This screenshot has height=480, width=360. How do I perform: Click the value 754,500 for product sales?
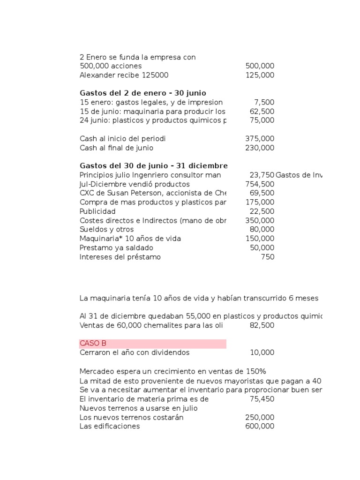[x=260, y=184]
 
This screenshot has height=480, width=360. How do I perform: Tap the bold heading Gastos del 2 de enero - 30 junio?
[x=143, y=93]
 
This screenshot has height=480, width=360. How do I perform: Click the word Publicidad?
[x=97, y=211]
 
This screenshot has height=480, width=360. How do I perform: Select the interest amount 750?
[x=268, y=257]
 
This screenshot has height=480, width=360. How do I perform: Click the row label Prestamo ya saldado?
[x=116, y=247]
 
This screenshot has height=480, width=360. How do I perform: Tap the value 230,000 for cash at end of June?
[x=260, y=148]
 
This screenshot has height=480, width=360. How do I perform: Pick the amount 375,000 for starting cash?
[x=260, y=139]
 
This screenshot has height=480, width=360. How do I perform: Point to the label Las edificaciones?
[x=110, y=426]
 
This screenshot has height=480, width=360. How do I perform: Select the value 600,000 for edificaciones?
[x=260, y=426]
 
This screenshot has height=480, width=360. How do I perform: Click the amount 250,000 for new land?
[x=260, y=417]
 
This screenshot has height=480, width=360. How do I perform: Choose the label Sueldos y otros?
[x=106, y=229]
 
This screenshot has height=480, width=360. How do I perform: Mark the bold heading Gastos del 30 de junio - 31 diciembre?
[x=154, y=166]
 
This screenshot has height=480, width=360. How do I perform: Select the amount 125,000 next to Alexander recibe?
[x=260, y=75]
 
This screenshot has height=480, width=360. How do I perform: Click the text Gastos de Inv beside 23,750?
[x=299, y=175]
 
